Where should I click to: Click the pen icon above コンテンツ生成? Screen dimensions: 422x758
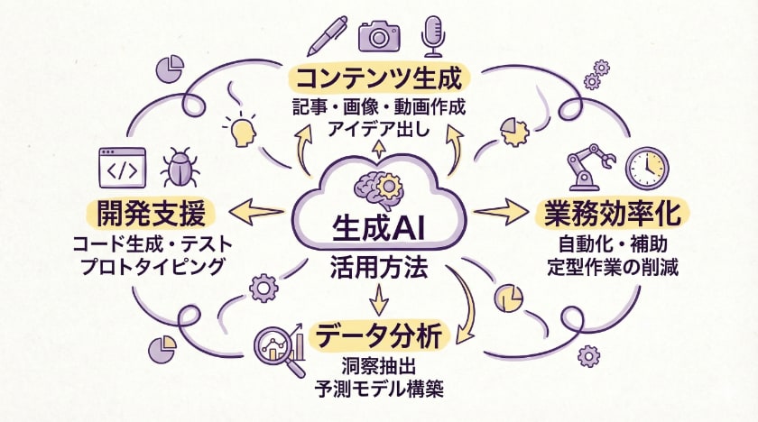pyautogui.click(x=325, y=33)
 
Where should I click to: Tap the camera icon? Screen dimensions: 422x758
pyautogui.click(x=379, y=34)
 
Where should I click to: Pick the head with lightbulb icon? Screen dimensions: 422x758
pyautogui.click(x=240, y=130)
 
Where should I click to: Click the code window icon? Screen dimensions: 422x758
pyautogui.click(x=122, y=169)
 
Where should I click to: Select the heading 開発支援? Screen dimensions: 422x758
pyautogui.click(x=152, y=214)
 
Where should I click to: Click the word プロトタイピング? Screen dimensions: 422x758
pyautogui.click(x=151, y=267)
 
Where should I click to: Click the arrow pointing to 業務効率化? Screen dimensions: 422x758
pyautogui.click(x=502, y=213)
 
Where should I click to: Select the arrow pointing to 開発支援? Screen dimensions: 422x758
pyautogui.click(x=257, y=214)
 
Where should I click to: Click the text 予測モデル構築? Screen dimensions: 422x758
pyautogui.click(x=379, y=390)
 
